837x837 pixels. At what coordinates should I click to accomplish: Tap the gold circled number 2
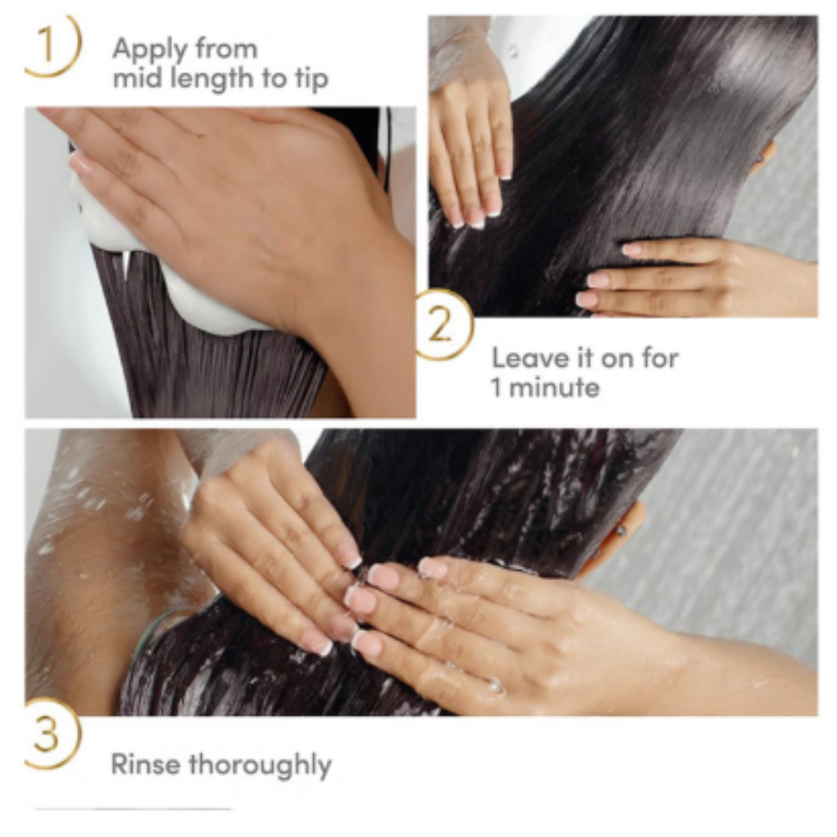[442, 326]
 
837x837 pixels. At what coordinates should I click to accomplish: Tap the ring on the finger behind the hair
[622, 531]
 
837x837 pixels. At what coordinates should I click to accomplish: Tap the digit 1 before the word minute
[497, 388]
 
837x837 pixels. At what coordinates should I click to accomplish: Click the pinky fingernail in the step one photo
[80, 163]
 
